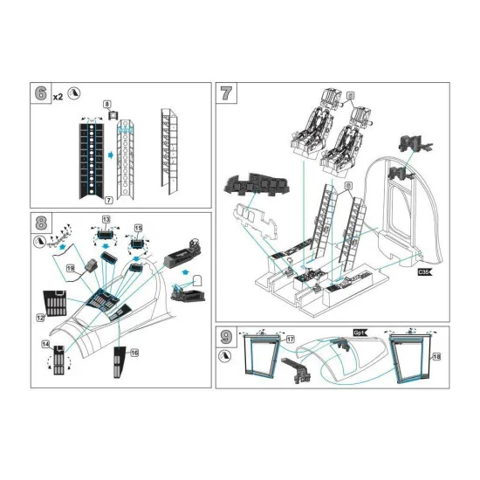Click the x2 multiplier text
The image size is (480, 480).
58,96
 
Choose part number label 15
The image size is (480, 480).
137,228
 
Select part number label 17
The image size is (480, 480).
291,338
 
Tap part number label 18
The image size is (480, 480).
437,357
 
